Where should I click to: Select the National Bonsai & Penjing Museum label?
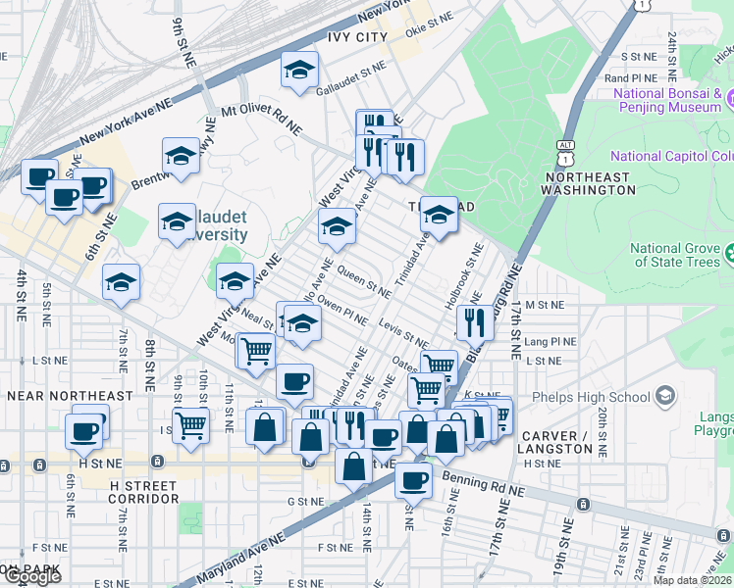point(667,99)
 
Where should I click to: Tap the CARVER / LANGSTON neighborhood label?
point(557,442)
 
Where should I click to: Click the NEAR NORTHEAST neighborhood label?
point(70,396)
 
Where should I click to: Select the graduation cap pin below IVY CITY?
point(300,70)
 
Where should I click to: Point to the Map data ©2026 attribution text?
point(692,580)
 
